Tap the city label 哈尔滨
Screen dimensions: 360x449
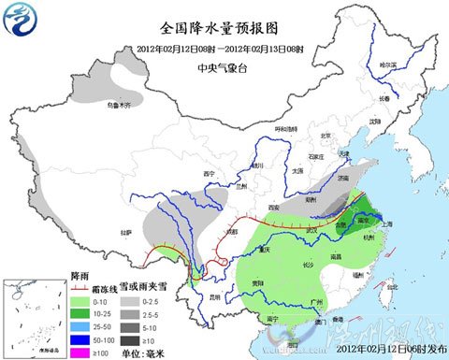point(387,64)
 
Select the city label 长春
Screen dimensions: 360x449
point(385,98)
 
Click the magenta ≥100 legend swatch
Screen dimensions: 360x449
point(80,353)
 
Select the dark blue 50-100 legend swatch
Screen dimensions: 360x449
point(80,340)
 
